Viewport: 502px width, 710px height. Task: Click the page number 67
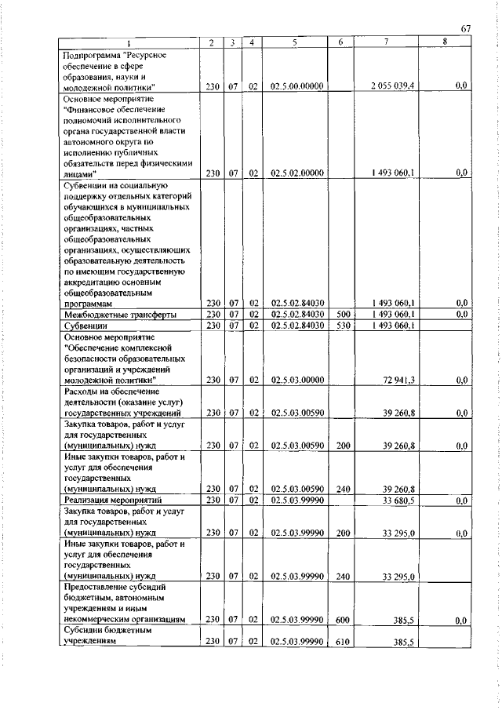(x=465, y=29)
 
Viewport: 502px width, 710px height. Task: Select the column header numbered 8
(x=445, y=42)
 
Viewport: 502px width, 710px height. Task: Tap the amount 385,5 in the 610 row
(x=403, y=641)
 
